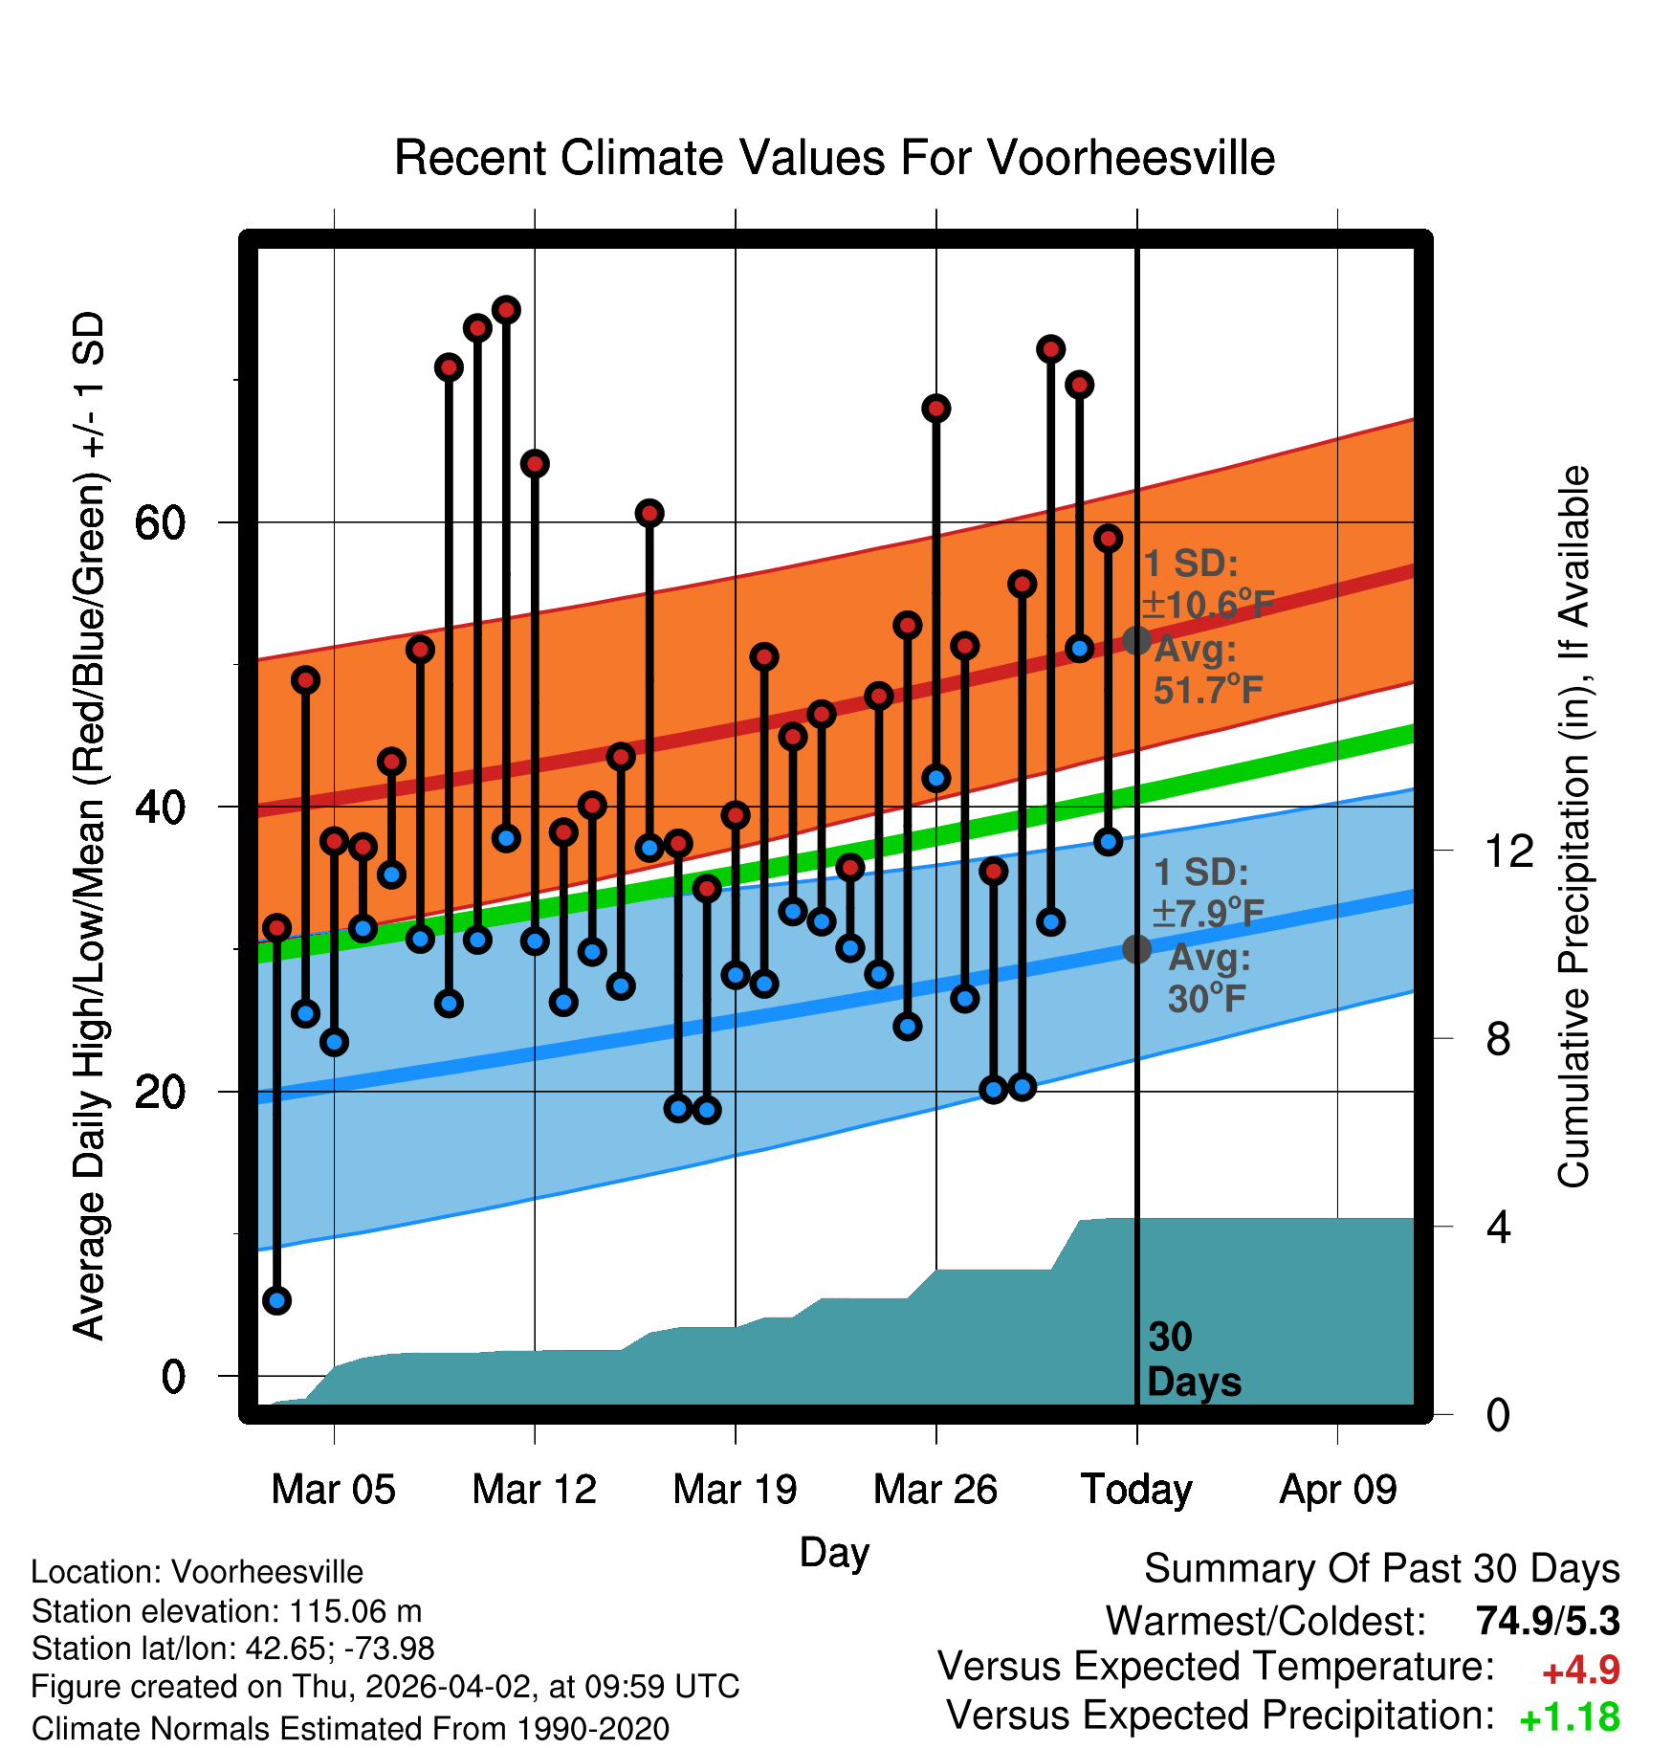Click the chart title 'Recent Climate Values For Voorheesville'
click(834, 158)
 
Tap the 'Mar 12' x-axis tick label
click(534, 1490)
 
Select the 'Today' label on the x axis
click(1136, 1490)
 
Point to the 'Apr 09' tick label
click(1338, 1490)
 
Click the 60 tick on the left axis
click(160, 522)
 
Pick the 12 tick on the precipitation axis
click(1509, 851)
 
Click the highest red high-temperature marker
click(506, 309)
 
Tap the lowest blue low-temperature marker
click(276, 1300)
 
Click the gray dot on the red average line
click(1136, 640)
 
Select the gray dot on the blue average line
click(1136, 949)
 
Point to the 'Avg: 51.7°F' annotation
click(1207, 670)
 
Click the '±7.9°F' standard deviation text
click(1207, 913)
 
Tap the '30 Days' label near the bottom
click(1193, 1360)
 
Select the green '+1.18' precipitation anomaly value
click(1570, 1718)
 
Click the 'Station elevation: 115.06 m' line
click(227, 1611)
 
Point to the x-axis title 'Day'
click(834, 1552)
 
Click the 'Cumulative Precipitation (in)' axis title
click(1573, 827)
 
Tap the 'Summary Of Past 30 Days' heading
click(1381, 1569)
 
